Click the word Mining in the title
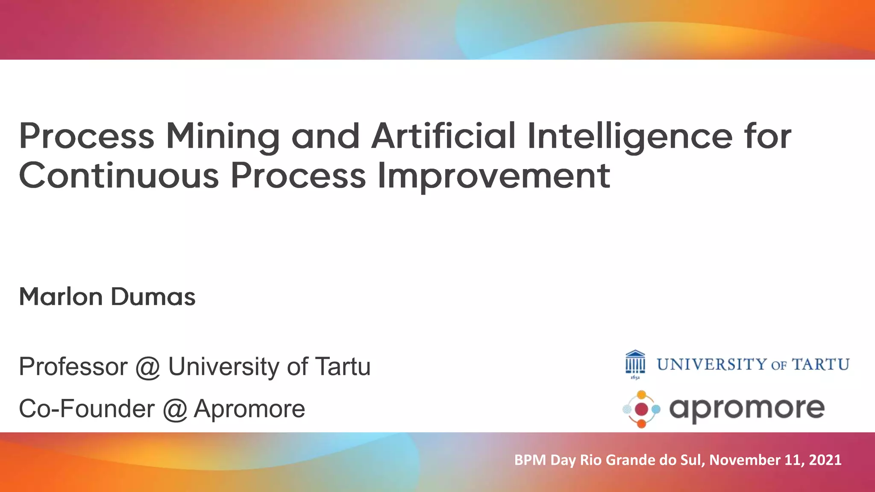pos(223,137)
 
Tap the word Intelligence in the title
pos(630,137)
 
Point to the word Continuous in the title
pos(119,176)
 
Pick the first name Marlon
pos(61,297)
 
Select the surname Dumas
pos(153,297)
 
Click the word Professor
pos(73,366)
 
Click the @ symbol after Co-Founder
pos(175,409)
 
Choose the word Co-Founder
pos(87,409)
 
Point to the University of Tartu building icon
pos(635,364)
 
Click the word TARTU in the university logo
pos(820,365)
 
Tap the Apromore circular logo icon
pos(641,409)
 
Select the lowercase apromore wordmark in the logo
pos(747,409)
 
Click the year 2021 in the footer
pos(825,460)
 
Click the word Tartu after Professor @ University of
pos(343,366)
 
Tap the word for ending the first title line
pos(767,137)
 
